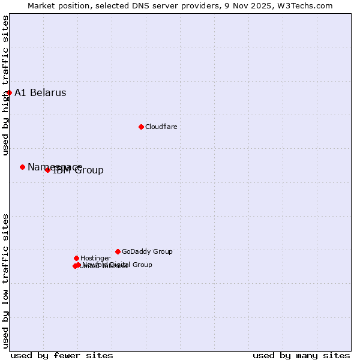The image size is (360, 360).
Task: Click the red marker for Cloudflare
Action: (x=141, y=127)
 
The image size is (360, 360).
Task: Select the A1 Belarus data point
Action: (x=9, y=92)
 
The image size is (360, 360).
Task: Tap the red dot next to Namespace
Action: (x=22, y=167)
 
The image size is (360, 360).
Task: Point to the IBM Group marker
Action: (x=47, y=170)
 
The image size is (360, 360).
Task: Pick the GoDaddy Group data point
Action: (x=118, y=251)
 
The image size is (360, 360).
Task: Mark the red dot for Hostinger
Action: (x=76, y=258)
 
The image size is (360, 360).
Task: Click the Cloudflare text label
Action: (x=161, y=127)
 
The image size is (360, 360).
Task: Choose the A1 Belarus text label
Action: (x=40, y=93)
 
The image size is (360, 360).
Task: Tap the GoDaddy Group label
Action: (x=147, y=252)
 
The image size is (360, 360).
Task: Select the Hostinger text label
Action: (x=95, y=259)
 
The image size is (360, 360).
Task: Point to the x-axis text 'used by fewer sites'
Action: (x=62, y=355)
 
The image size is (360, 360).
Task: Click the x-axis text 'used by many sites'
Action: (x=301, y=355)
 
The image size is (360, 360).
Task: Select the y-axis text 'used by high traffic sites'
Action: (x=6, y=85)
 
